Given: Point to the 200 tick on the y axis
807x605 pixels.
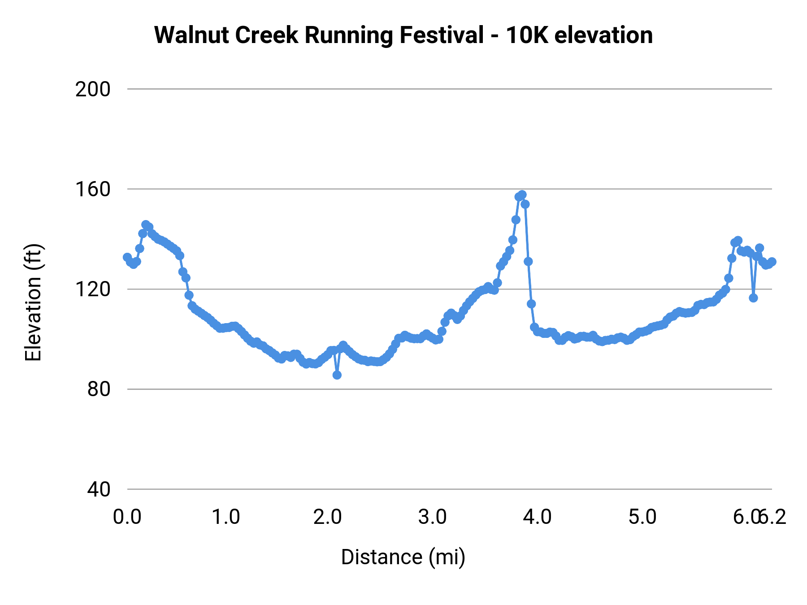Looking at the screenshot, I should [x=92, y=89].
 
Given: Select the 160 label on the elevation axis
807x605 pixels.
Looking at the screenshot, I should [x=92, y=189].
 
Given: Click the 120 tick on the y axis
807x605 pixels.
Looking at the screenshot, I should [x=92, y=289].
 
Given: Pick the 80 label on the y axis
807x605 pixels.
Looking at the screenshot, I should [x=98, y=389].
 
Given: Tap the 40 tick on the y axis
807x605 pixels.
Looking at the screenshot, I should [x=98, y=489].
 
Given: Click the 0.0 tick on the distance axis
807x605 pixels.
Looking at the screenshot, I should [x=127, y=517].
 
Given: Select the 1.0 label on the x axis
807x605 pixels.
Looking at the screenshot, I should [x=226, y=517].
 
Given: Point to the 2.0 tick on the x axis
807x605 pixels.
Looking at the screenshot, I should [x=328, y=517].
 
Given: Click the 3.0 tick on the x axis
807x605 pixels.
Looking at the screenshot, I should [x=433, y=517].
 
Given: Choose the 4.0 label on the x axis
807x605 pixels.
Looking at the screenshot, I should [x=538, y=517].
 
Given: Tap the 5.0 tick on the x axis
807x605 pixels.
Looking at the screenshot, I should [x=642, y=517].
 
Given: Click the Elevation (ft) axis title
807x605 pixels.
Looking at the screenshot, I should [x=33, y=302].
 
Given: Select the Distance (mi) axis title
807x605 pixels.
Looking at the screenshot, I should [x=403, y=557].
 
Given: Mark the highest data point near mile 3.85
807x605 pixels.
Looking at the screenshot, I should [x=522, y=195].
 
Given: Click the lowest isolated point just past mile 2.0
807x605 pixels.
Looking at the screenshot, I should [x=337, y=375].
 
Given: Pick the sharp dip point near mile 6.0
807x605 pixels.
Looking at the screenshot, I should [x=753, y=298].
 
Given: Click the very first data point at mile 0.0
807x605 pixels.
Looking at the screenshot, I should [x=127, y=257].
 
